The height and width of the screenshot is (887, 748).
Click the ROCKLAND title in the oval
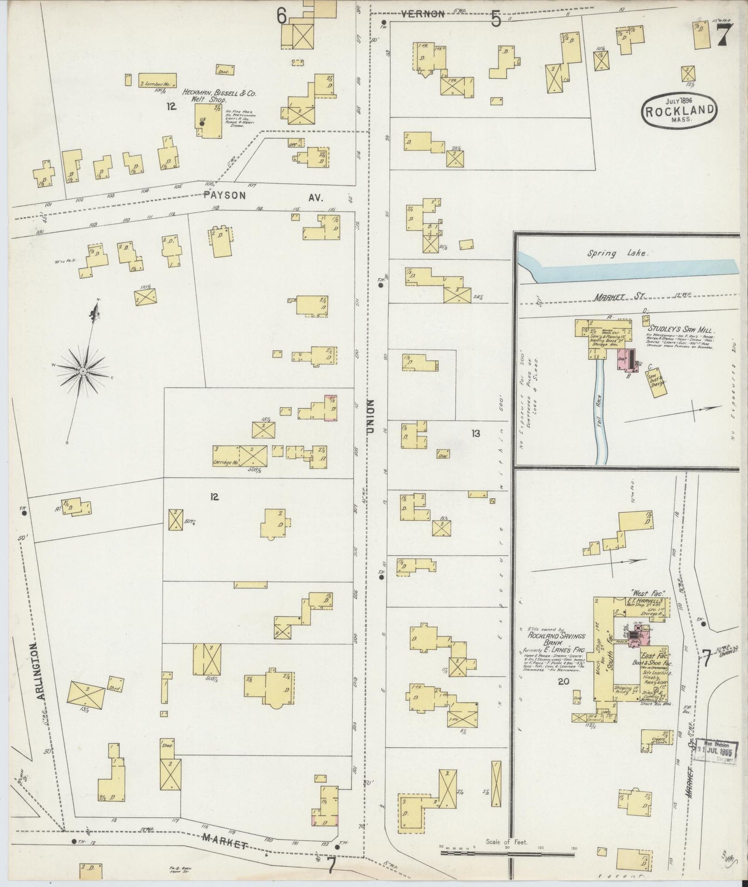[x=680, y=110]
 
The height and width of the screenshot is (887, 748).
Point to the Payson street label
[x=224, y=196]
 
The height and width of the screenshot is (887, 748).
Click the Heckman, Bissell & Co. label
[x=219, y=93]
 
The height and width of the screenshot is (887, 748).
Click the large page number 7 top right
[x=724, y=36]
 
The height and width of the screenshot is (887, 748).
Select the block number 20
[x=564, y=682]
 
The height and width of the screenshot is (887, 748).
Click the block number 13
[x=475, y=434]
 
